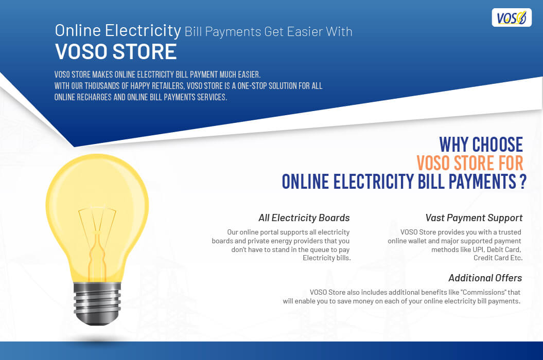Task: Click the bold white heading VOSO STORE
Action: [x=116, y=52]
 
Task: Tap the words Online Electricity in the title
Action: [x=118, y=30]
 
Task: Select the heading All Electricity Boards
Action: [x=304, y=218]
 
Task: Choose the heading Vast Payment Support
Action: [x=474, y=218]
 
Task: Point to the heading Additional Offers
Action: [x=485, y=278]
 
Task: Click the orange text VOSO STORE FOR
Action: [x=469, y=163]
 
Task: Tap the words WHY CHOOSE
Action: [x=481, y=145]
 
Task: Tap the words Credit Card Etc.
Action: [x=498, y=258]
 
